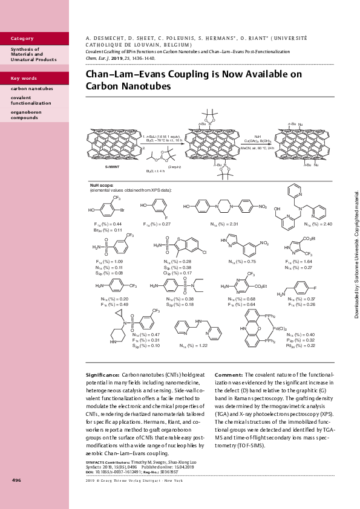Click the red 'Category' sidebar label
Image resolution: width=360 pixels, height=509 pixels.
click(x=22, y=39)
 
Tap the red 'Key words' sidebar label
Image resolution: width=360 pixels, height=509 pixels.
click(x=24, y=79)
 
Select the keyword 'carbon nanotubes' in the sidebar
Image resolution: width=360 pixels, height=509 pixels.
click(x=28, y=88)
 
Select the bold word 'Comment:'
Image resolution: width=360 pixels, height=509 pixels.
click(x=229, y=375)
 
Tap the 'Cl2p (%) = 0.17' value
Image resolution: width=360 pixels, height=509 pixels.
click(x=175, y=273)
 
